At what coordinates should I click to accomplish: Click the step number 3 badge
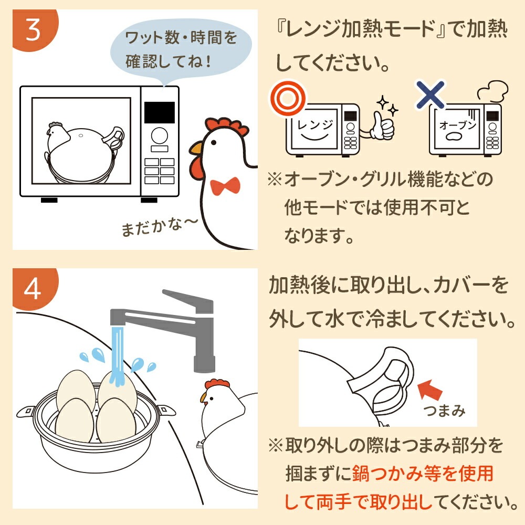[31, 30]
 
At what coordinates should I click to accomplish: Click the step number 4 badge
[31, 289]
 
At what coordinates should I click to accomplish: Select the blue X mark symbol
[429, 94]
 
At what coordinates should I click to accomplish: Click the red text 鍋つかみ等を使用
[423, 474]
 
